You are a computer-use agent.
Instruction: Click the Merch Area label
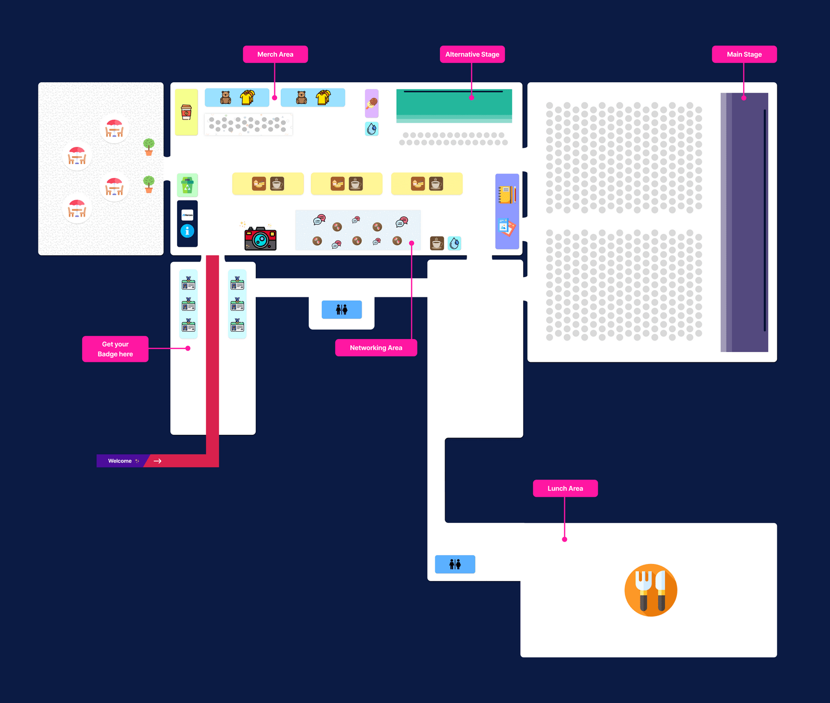click(x=275, y=54)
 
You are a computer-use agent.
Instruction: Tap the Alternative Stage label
click(x=472, y=54)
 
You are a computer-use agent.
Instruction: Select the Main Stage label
click(x=744, y=54)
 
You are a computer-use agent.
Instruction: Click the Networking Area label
click(x=376, y=348)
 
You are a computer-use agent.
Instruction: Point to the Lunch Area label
click(x=565, y=488)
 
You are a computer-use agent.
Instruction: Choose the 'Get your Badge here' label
click(x=115, y=349)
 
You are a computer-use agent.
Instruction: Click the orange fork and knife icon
click(x=651, y=590)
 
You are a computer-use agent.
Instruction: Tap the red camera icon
click(x=260, y=238)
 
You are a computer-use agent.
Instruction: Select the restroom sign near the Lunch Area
click(x=455, y=564)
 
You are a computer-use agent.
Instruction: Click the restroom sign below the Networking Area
click(x=342, y=309)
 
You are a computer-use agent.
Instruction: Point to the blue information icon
click(x=187, y=231)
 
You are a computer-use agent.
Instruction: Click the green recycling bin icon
click(x=187, y=185)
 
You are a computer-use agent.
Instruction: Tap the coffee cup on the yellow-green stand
click(x=186, y=112)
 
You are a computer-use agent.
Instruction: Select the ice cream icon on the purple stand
click(x=372, y=103)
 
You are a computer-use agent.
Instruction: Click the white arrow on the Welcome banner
click(x=157, y=461)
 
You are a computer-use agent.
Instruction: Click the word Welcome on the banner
click(x=120, y=461)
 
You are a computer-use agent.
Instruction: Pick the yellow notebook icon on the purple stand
click(x=507, y=195)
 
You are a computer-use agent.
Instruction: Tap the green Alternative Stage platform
click(x=454, y=104)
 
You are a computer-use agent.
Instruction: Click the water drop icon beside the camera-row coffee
click(x=455, y=243)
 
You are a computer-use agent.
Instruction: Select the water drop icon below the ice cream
click(x=372, y=129)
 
